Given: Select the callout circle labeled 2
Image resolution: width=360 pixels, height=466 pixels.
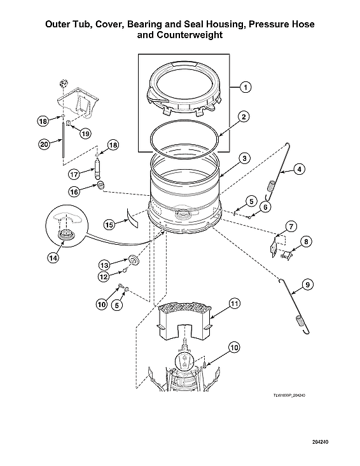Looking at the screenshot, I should click(x=244, y=117).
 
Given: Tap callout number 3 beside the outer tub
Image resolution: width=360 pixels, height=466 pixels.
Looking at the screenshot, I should click(x=244, y=158).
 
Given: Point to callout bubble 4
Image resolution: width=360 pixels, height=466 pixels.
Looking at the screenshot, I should click(x=298, y=170).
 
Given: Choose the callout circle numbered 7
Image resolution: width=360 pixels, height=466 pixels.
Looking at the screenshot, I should click(x=290, y=227).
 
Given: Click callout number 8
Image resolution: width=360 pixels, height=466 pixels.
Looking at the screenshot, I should click(x=306, y=242).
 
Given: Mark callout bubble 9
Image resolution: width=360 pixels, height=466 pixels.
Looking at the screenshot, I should click(x=307, y=285).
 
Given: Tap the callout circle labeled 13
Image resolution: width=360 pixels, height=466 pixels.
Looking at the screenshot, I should click(x=102, y=264).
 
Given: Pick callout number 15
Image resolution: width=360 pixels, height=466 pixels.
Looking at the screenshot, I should click(x=109, y=224).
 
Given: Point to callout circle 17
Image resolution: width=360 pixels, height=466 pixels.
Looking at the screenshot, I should click(x=73, y=173).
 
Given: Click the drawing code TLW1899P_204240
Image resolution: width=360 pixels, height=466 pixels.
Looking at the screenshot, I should click(x=294, y=395).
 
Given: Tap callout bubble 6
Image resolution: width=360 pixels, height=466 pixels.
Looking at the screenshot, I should click(x=266, y=206).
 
